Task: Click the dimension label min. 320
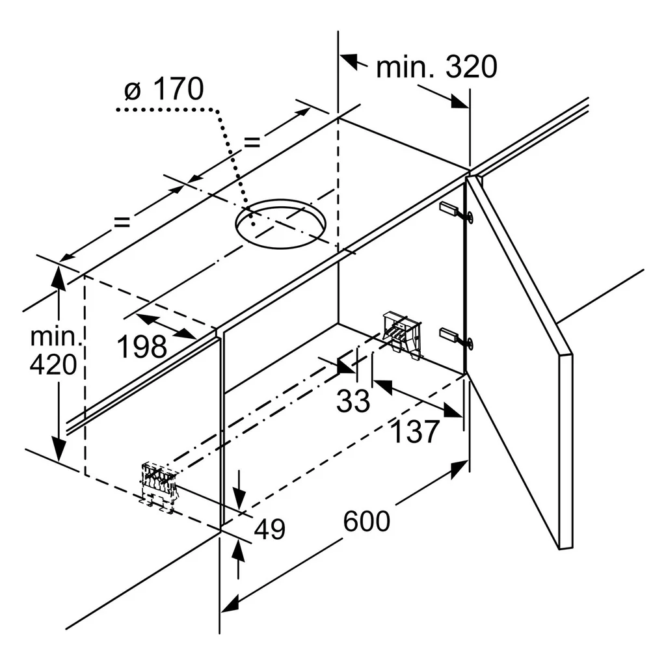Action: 436,67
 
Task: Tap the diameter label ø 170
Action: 164,89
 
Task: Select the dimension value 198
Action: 142,347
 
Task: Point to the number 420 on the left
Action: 53,364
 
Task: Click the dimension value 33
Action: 353,401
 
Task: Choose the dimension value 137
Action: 414,432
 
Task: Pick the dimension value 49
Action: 270,529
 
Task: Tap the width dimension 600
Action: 367,521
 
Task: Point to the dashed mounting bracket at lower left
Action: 158,486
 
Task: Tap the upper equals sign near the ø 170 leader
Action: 252,142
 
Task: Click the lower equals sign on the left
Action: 122,221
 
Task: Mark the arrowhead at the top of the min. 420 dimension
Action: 58,278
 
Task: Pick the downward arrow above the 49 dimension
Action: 239,490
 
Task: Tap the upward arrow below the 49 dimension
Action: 239,560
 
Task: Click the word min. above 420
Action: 56,337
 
